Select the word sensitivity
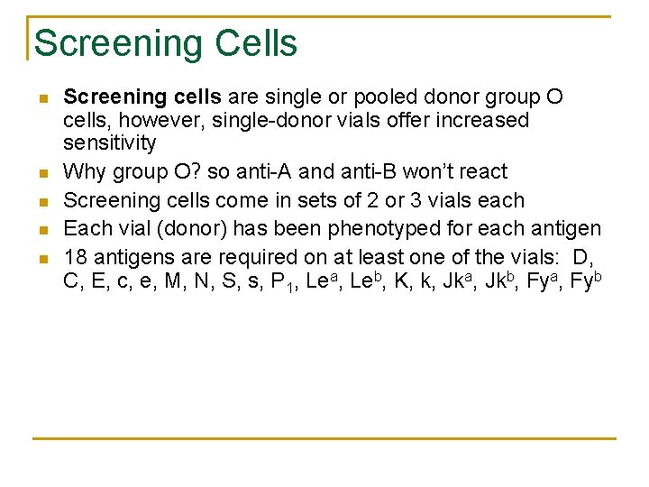pos(109,142)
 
